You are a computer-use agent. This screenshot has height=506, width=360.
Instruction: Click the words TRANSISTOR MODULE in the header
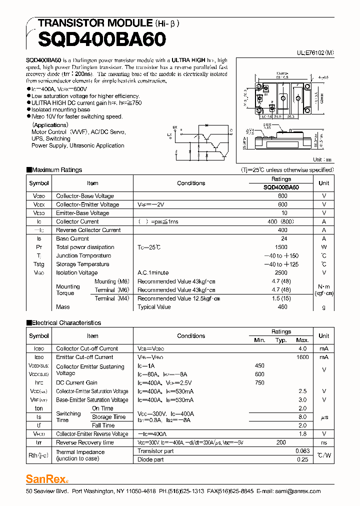(x=95, y=23)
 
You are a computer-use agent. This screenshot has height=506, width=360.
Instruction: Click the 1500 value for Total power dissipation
(x=281, y=247)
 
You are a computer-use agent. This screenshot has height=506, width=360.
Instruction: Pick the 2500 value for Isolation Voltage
(x=281, y=272)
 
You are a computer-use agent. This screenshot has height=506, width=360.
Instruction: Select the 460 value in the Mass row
(x=282, y=307)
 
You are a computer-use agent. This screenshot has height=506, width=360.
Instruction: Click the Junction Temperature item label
(x=82, y=255)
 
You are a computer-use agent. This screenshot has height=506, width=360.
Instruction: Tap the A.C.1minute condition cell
(x=153, y=272)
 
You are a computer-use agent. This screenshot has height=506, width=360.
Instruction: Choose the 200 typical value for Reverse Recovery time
(x=281, y=442)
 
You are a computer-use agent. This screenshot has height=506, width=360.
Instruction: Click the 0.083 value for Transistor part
(x=302, y=451)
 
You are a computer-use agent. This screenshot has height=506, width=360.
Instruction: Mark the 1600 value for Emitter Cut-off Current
(x=302, y=357)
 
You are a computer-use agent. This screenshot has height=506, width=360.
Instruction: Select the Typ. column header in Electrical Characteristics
(x=281, y=340)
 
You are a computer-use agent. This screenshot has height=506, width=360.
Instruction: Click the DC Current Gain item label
(x=76, y=382)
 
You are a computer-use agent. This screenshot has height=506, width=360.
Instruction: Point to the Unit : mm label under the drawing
(x=322, y=159)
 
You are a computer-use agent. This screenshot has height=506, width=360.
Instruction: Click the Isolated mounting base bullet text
(x=60, y=109)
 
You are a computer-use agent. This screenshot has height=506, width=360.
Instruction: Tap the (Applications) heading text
(x=50, y=125)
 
